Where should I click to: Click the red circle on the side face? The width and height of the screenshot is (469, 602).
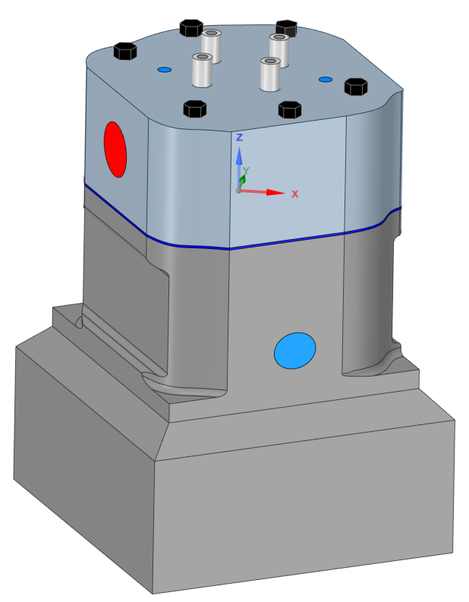(x=115, y=149)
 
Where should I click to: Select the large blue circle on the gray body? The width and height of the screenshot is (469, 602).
(x=294, y=351)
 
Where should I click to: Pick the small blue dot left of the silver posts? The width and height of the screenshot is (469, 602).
(x=164, y=70)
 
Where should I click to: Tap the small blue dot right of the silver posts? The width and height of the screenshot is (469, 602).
(x=326, y=79)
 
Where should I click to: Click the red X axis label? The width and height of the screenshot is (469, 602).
(x=294, y=194)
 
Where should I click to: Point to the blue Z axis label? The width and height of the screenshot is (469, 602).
(x=239, y=137)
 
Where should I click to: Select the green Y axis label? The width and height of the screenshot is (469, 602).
(x=246, y=172)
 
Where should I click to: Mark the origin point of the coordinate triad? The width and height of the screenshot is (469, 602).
(x=238, y=191)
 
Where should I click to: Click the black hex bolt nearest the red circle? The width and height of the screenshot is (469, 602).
(x=124, y=52)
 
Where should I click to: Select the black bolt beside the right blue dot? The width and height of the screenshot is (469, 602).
(x=355, y=87)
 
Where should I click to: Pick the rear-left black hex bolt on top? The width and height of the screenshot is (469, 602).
(x=190, y=28)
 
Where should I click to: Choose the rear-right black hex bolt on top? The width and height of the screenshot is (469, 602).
(x=287, y=28)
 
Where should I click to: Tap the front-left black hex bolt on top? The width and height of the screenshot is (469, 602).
(x=195, y=109)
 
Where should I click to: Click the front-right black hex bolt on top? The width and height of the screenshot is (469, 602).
(x=288, y=109)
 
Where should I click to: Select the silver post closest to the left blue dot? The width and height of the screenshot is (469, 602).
(x=202, y=71)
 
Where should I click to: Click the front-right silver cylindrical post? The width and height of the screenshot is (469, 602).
(x=269, y=74)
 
